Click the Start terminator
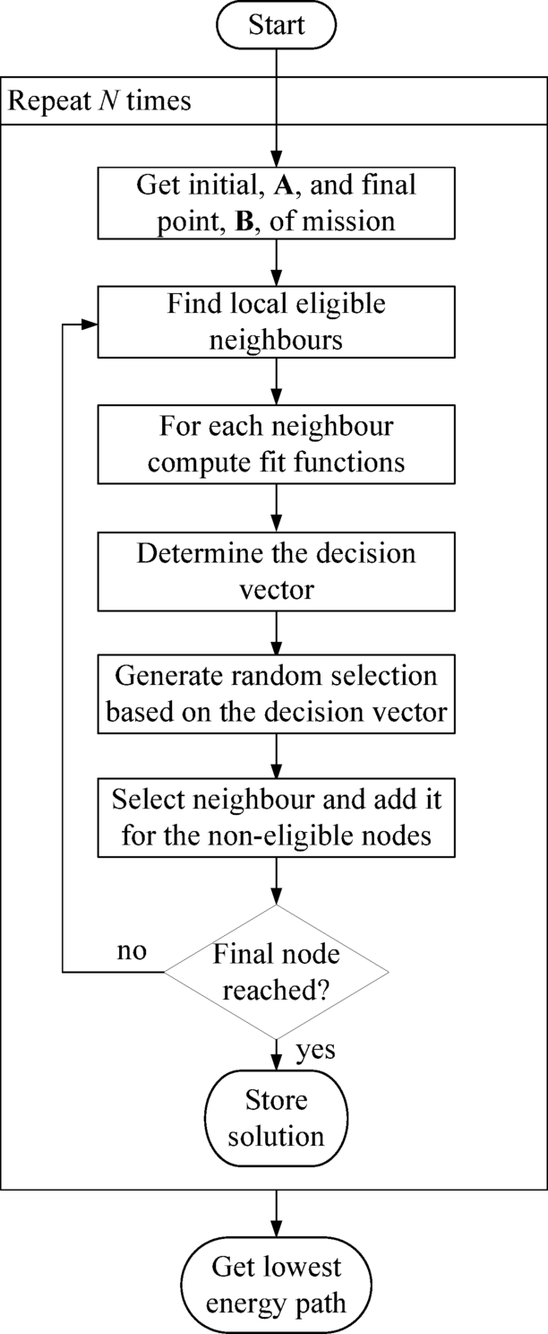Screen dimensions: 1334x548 click(275, 26)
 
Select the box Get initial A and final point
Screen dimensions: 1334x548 click(275, 204)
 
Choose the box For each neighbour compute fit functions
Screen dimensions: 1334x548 click(275, 446)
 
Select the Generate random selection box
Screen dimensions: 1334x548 click(275, 692)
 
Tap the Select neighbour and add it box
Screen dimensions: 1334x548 click(275, 817)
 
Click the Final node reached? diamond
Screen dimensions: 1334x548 click(275, 971)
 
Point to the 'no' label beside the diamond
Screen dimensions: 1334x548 click(132, 949)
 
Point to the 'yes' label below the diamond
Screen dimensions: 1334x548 click(314, 1050)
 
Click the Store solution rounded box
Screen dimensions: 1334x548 click(275, 1117)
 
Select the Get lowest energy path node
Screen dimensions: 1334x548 click(275, 1284)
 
